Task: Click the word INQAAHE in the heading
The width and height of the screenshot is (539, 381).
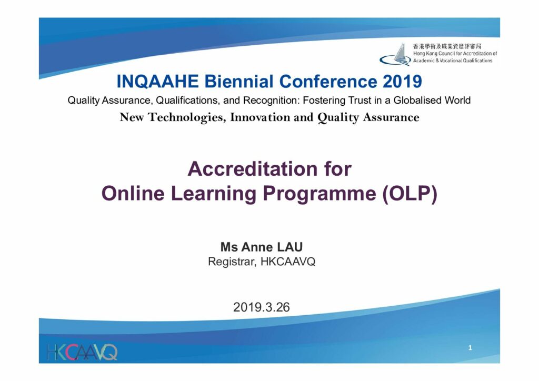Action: click(x=158, y=82)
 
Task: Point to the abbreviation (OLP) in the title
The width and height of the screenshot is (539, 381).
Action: click(x=410, y=194)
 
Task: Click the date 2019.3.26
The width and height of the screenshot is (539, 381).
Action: click(x=262, y=307)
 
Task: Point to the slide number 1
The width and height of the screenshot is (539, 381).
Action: click(x=470, y=348)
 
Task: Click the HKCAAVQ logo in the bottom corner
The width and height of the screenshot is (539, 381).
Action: click(x=82, y=352)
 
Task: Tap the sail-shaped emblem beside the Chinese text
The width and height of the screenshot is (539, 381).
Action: click(x=395, y=55)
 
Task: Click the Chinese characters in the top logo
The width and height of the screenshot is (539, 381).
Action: click(x=447, y=46)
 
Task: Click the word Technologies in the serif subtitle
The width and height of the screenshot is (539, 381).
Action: click(x=187, y=118)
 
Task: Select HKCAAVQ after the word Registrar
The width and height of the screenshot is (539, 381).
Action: click(x=288, y=262)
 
